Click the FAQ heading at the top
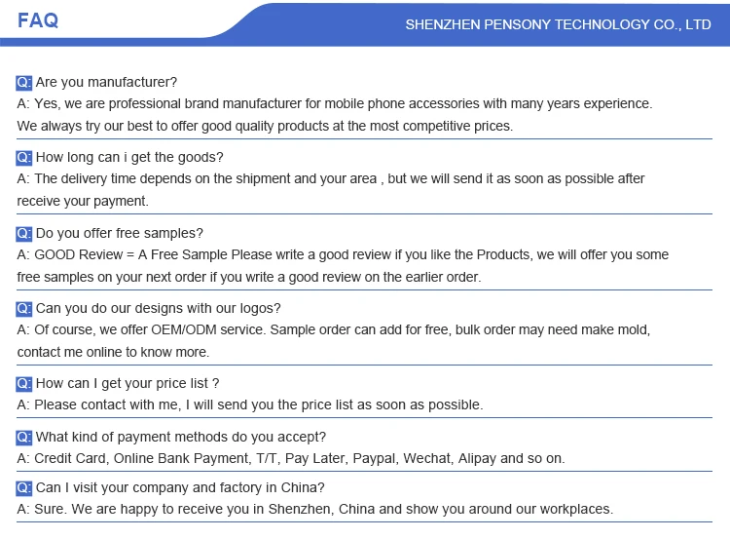[x=38, y=20]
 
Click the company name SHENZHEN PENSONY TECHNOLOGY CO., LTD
[x=558, y=24]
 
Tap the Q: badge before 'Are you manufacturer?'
[x=24, y=82]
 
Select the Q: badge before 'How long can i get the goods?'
[x=24, y=157]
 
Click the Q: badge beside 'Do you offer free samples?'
[x=24, y=233]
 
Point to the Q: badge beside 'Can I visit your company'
[x=24, y=487]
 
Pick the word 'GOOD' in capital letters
[x=55, y=255]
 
